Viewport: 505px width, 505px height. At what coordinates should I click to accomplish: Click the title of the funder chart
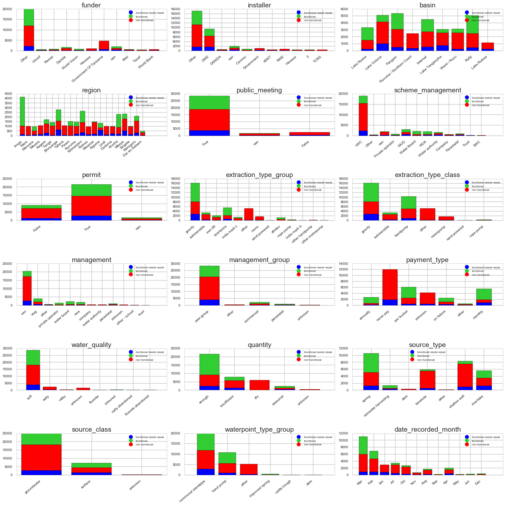(91, 5)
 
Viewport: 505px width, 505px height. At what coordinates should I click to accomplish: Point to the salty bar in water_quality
(50, 388)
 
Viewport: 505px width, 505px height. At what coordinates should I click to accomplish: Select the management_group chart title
(259, 260)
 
